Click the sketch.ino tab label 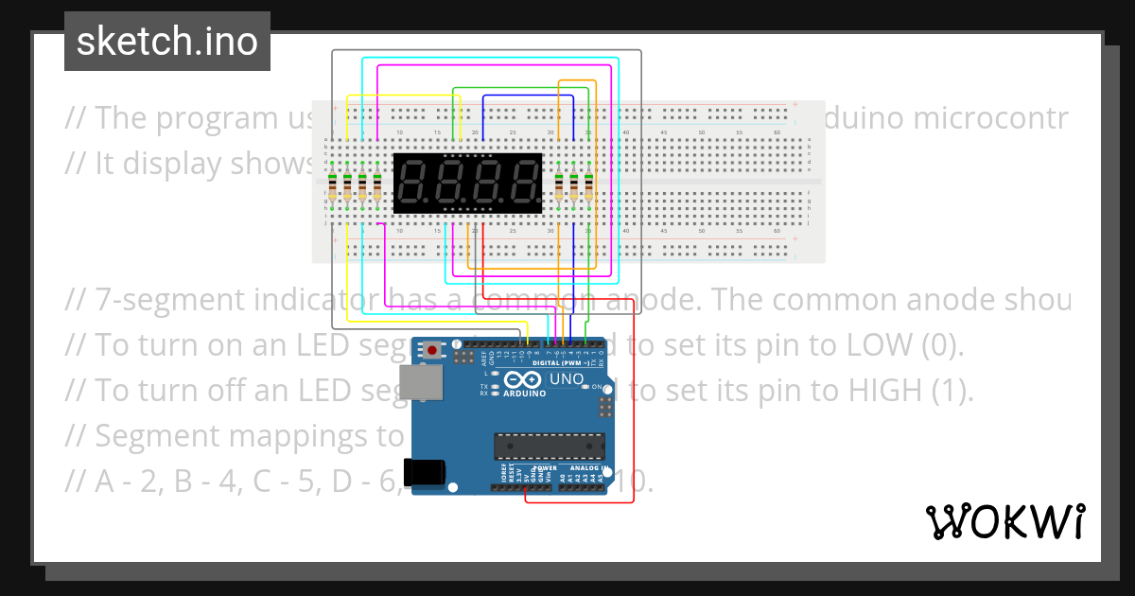click(167, 42)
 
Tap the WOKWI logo click(1004, 521)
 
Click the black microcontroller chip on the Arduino click(549, 445)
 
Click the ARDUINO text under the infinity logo click(526, 393)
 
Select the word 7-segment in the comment click(170, 300)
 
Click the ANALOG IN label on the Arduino click(587, 467)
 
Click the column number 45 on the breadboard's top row click(664, 132)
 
